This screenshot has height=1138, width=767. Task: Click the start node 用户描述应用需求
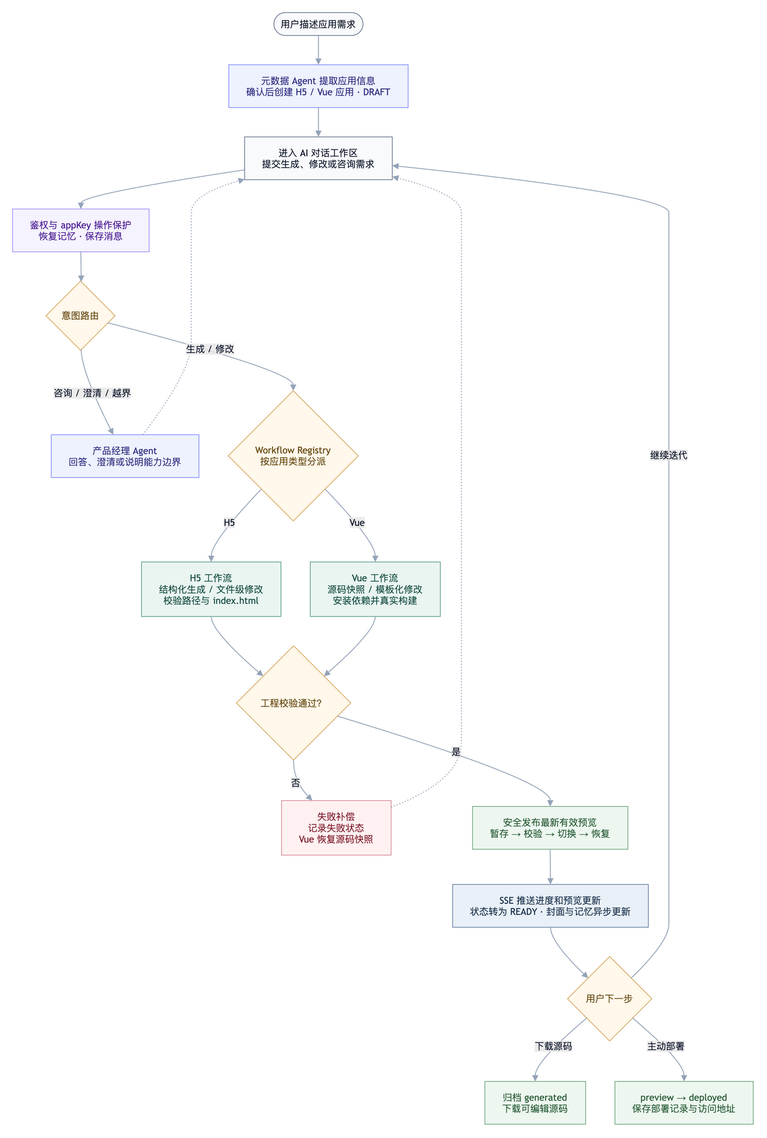click(x=318, y=24)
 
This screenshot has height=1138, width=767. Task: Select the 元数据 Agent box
click(x=318, y=86)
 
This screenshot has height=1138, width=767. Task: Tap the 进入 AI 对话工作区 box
click(x=318, y=158)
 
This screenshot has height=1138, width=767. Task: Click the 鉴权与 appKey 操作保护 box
click(x=81, y=230)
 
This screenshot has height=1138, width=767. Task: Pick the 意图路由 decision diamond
click(x=80, y=316)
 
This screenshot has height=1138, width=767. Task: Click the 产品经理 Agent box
click(x=125, y=456)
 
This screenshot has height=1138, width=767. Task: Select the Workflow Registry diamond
click(x=293, y=456)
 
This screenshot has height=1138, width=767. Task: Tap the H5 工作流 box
click(x=211, y=589)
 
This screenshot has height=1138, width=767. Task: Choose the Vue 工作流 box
click(x=375, y=589)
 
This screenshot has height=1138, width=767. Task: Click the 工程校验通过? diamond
click(x=294, y=703)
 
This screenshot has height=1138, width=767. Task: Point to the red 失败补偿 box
click(x=336, y=828)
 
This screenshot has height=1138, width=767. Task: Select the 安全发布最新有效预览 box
click(x=550, y=828)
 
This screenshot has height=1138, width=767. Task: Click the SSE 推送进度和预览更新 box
click(x=550, y=906)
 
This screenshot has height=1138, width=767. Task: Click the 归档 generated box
click(x=535, y=1103)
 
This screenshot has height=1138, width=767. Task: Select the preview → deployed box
click(x=684, y=1103)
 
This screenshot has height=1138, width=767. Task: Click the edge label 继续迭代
click(x=669, y=455)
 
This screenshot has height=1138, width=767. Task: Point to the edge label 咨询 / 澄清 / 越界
click(x=93, y=393)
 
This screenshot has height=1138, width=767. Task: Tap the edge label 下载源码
click(x=554, y=1046)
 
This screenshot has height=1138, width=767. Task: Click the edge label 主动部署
click(x=666, y=1046)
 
